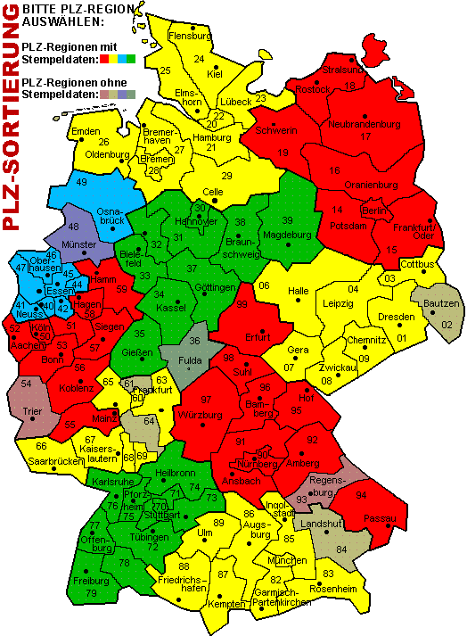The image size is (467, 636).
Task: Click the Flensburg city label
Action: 189,37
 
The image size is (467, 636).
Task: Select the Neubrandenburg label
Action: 363,125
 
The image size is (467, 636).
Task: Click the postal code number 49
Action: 82,182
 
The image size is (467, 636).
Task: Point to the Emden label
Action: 86,132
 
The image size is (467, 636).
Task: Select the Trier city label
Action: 34,411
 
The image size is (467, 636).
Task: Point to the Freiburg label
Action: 91,581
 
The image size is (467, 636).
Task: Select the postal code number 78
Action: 124,563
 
